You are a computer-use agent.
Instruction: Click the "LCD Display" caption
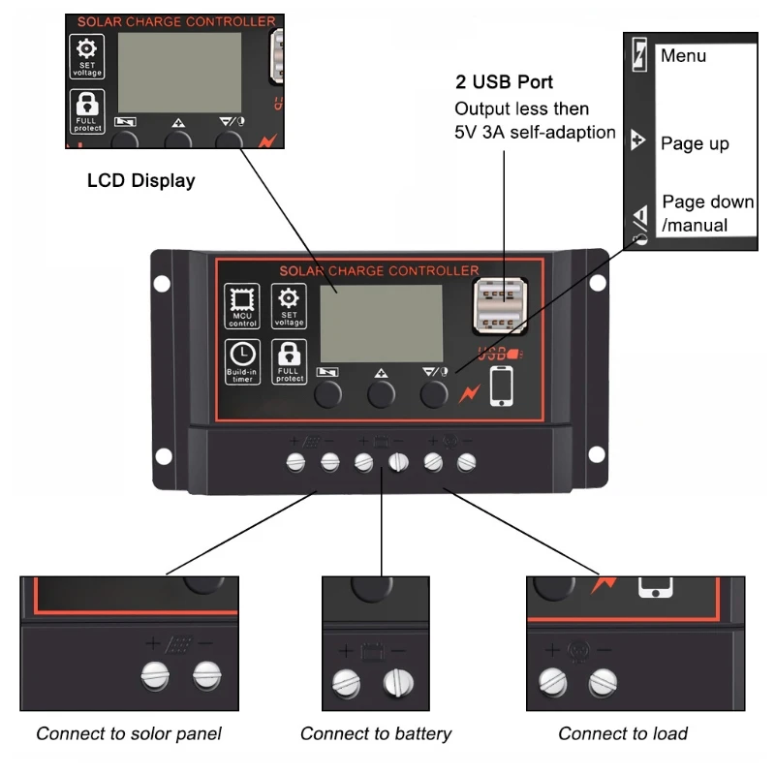coord(140,180)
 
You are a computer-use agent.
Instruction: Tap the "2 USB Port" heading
coord(504,82)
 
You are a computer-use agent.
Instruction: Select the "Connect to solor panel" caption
coord(129,733)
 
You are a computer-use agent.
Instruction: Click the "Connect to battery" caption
coord(376,733)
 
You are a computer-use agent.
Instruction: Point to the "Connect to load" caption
coord(623,733)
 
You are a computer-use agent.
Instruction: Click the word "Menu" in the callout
coord(683,56)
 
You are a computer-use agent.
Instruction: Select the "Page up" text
coord(695,143)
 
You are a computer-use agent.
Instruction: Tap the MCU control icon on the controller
coord(242,306)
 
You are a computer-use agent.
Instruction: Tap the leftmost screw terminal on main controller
coord(295,462)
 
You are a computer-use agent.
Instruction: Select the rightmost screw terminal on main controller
coord(467,462)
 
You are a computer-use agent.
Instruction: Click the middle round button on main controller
coord(380,393)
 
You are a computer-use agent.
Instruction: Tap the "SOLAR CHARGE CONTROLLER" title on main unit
coord(379,270)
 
